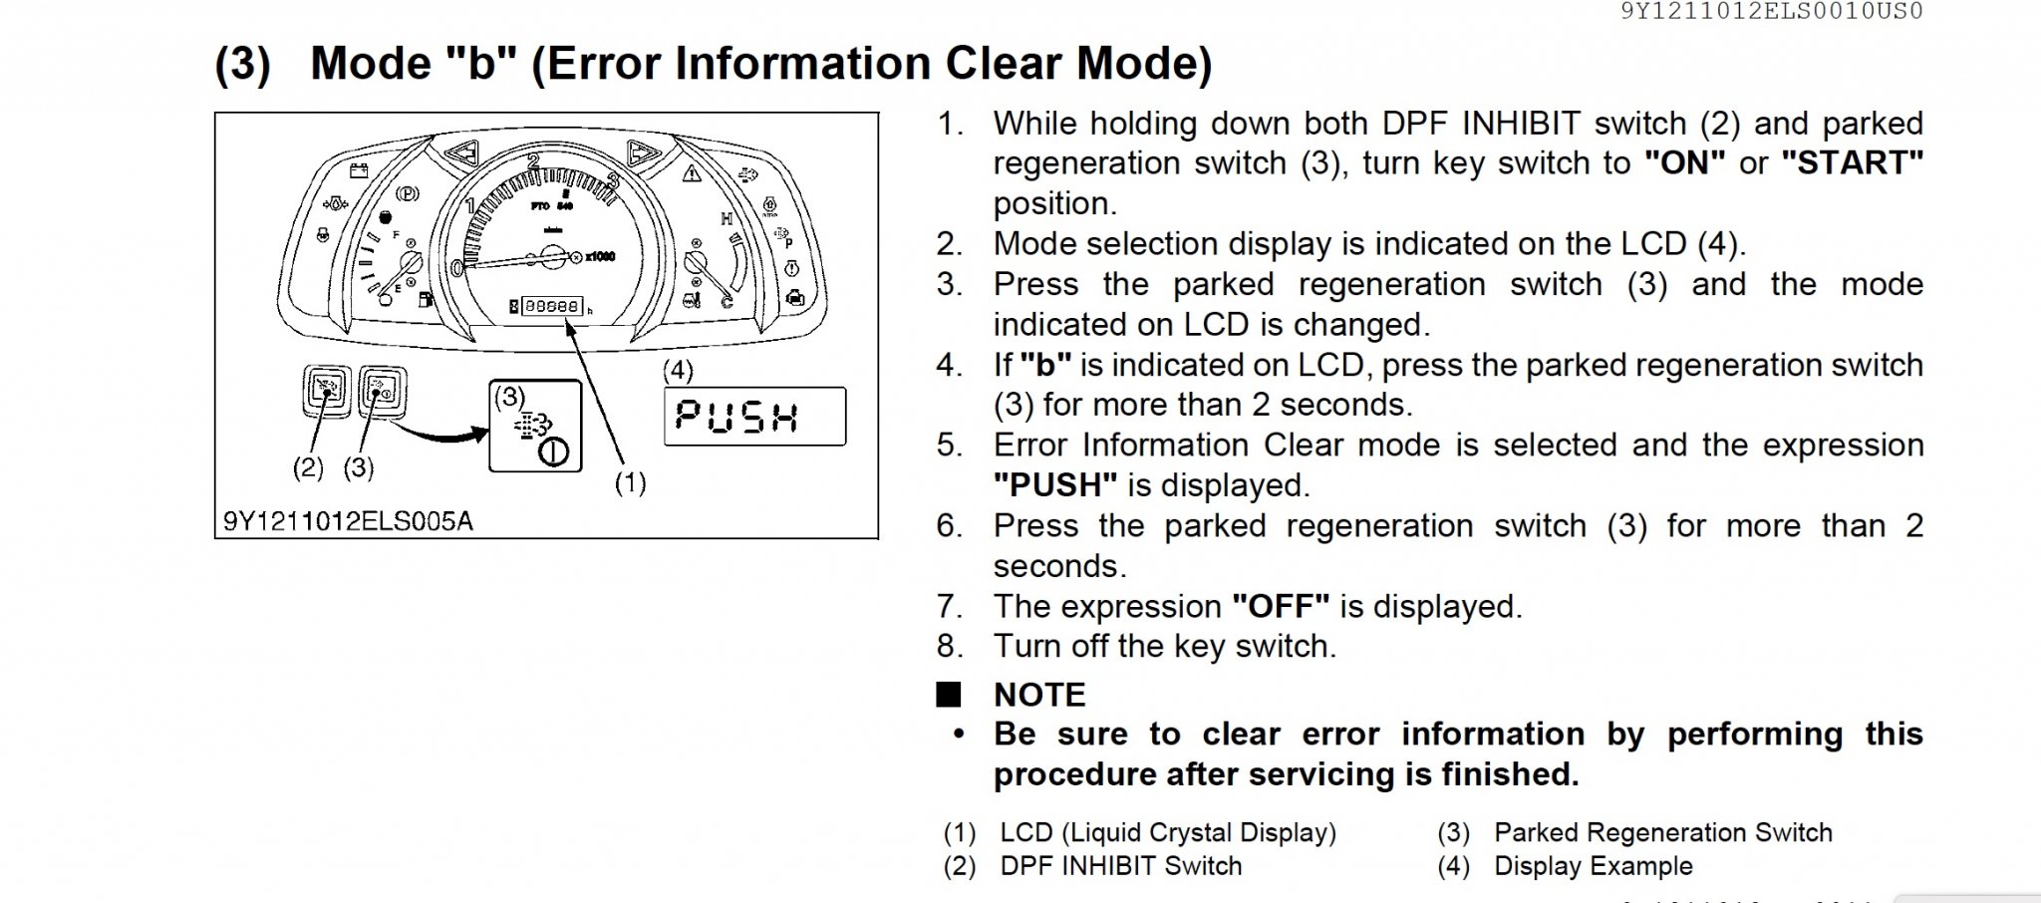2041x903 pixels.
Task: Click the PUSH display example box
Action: [754, 416]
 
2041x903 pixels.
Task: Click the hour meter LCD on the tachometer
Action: [551, 306]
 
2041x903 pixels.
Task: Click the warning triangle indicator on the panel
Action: [691, 173]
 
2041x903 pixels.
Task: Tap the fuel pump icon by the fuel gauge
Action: [427, 299]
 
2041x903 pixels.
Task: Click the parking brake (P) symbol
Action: [407, 193]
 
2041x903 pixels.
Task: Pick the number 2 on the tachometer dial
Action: [534, 161]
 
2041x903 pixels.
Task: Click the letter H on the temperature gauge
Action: [727, 218]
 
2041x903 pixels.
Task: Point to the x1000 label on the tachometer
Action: [600, 257]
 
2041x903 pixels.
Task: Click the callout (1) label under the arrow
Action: [630, 482]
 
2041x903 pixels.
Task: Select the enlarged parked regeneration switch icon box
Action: [535, 426]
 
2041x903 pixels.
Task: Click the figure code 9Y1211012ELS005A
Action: [348, 521]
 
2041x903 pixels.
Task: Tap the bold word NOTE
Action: [1039, 695]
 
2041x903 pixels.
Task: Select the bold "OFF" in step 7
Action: [1281, 606]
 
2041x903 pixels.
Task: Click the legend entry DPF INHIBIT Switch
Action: [1120, 866]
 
